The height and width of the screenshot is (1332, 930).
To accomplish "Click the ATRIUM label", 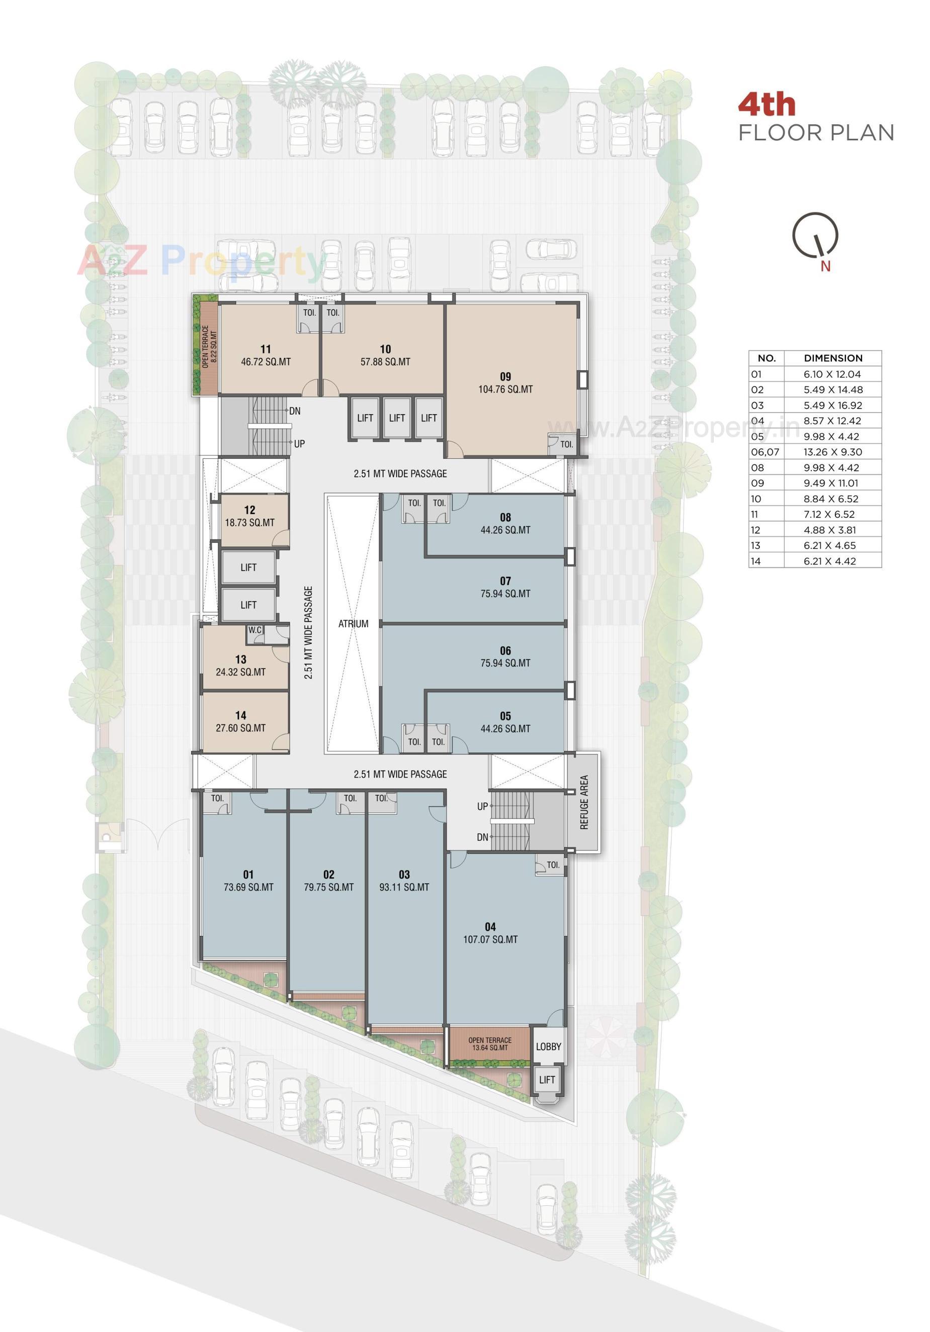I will point(353,624).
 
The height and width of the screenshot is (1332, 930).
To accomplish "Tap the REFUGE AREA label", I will point(584,802).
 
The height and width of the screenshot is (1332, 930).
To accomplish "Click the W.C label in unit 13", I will point(255,630).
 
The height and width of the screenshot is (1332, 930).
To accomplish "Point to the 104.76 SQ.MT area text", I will point(505,389).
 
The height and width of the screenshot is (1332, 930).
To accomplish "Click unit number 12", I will point(249,510).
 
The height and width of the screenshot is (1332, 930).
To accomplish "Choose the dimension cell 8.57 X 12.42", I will point(832,421).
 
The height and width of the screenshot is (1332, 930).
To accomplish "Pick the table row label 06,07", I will point(765,452).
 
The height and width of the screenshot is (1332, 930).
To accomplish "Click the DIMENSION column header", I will point(832,358).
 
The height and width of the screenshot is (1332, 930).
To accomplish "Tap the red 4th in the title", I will point(767,105).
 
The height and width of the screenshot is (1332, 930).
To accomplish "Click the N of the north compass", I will point(825,266).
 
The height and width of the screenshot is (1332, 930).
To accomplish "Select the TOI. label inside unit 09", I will point(566,444).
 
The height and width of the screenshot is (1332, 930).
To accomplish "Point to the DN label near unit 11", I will point(294,411).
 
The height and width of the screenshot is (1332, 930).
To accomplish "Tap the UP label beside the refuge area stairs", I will point(482,806).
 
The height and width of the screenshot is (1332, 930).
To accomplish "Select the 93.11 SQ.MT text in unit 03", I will point(404,887).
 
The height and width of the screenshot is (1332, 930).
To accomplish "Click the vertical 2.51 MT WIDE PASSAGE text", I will point(308,632).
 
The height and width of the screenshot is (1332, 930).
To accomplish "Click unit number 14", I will point(240,715).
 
